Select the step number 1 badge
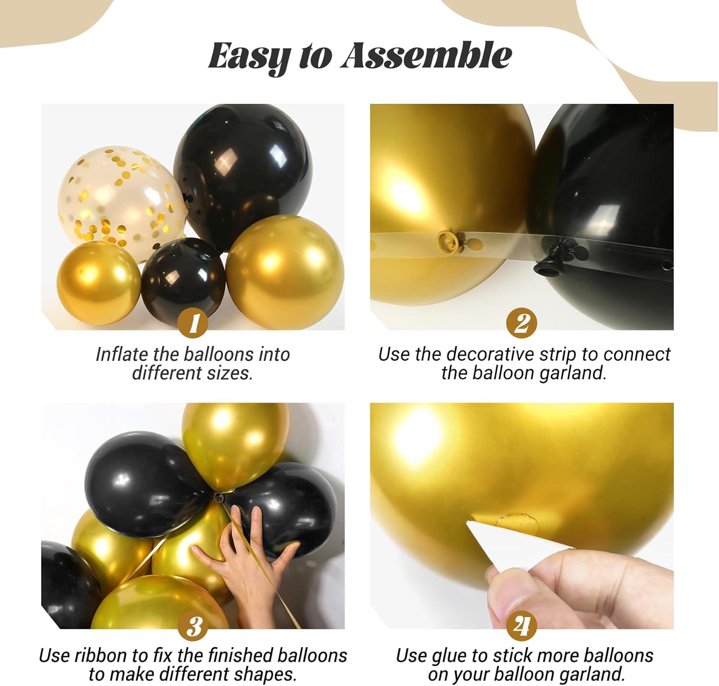pyautogui.click(x=193, y=324)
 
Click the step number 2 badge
pyautogui.click(x=522, y=324)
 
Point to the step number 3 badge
pyautogui.click(x=193, y=626)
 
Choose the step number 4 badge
pyautogui.click(x=522, y=626)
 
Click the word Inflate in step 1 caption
pyautogui.click(x=122, y=355)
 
